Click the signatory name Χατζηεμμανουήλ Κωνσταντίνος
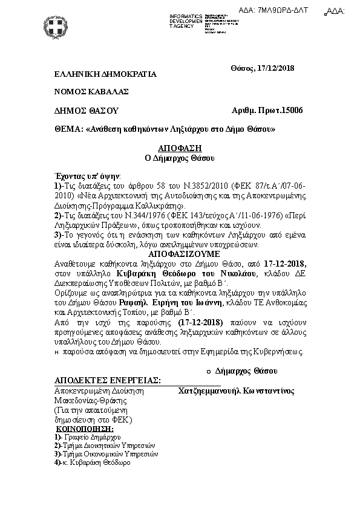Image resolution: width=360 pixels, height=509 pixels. coord(237,391)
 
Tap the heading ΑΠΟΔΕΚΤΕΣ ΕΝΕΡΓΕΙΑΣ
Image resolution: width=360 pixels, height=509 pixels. coord(107,380)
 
